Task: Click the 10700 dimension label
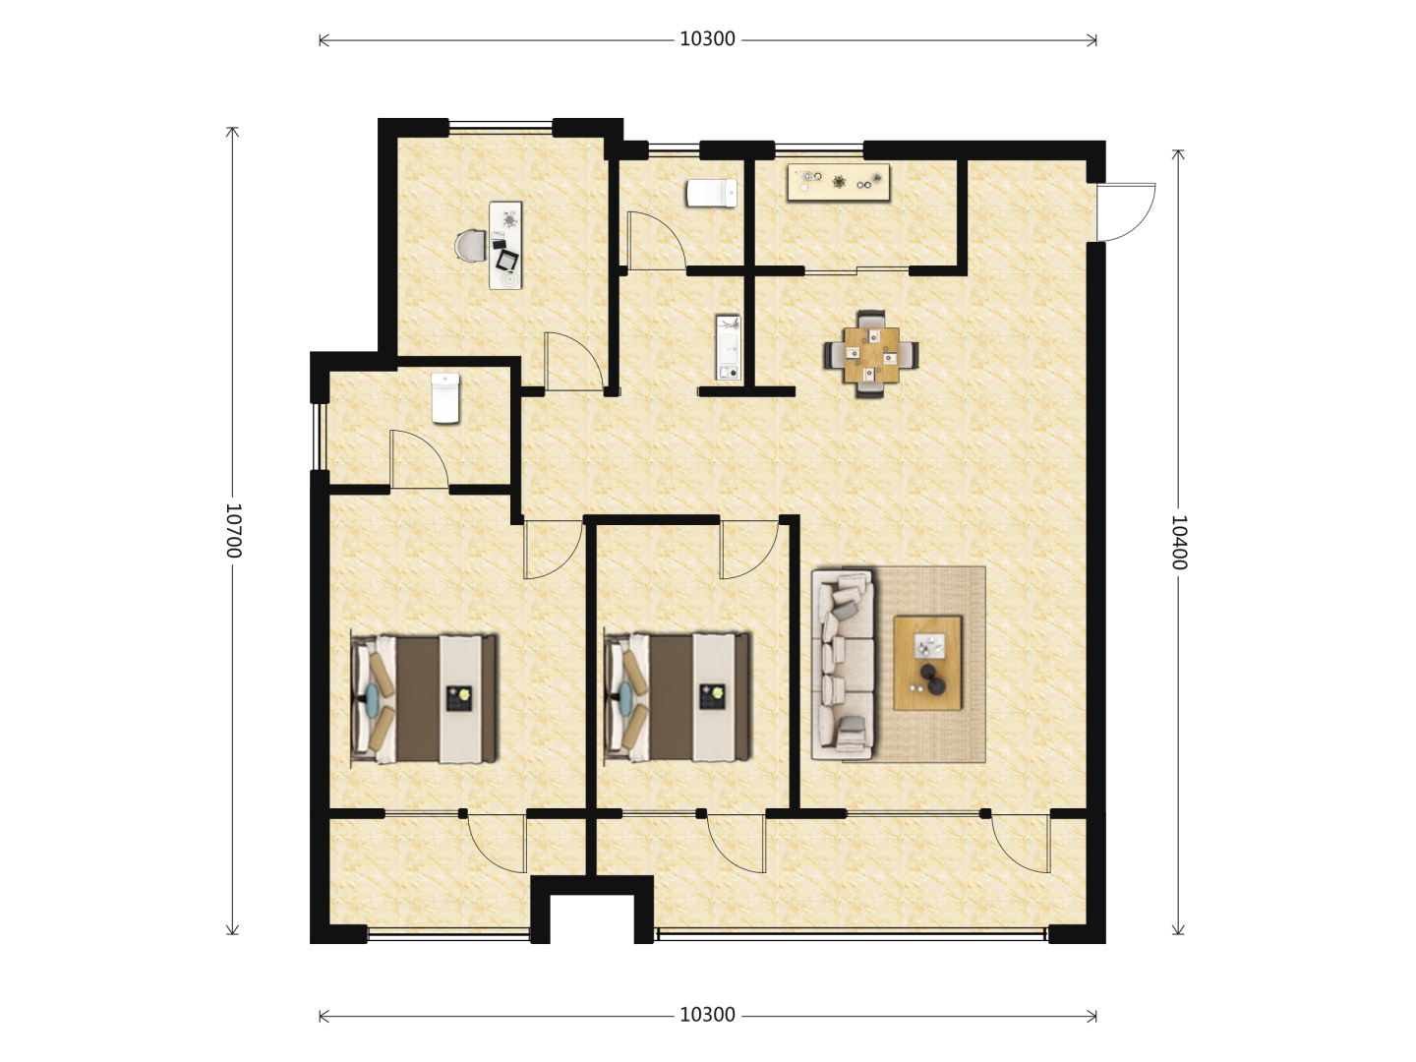coord(233,531)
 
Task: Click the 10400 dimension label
coord(1179,542)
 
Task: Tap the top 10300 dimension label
coord(708,39)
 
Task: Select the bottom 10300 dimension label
coord(708,1015)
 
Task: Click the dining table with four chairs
coord(871,355)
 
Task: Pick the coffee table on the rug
coord(927,663)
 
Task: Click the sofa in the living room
coord(843,664)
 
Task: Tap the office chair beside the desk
coord(470,246)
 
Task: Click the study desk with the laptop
coord(505,245)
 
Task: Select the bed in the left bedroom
coord(425,699)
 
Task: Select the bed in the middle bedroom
coord(678,699)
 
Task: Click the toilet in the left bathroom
coord(445,398)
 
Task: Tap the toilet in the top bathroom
coord(712,193)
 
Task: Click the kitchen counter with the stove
coord(838,183)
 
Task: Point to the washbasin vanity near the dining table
coord(729,347)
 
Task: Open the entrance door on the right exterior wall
coord(1126,212)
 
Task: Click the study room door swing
coord(573,361)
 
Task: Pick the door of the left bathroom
coord(419,459)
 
